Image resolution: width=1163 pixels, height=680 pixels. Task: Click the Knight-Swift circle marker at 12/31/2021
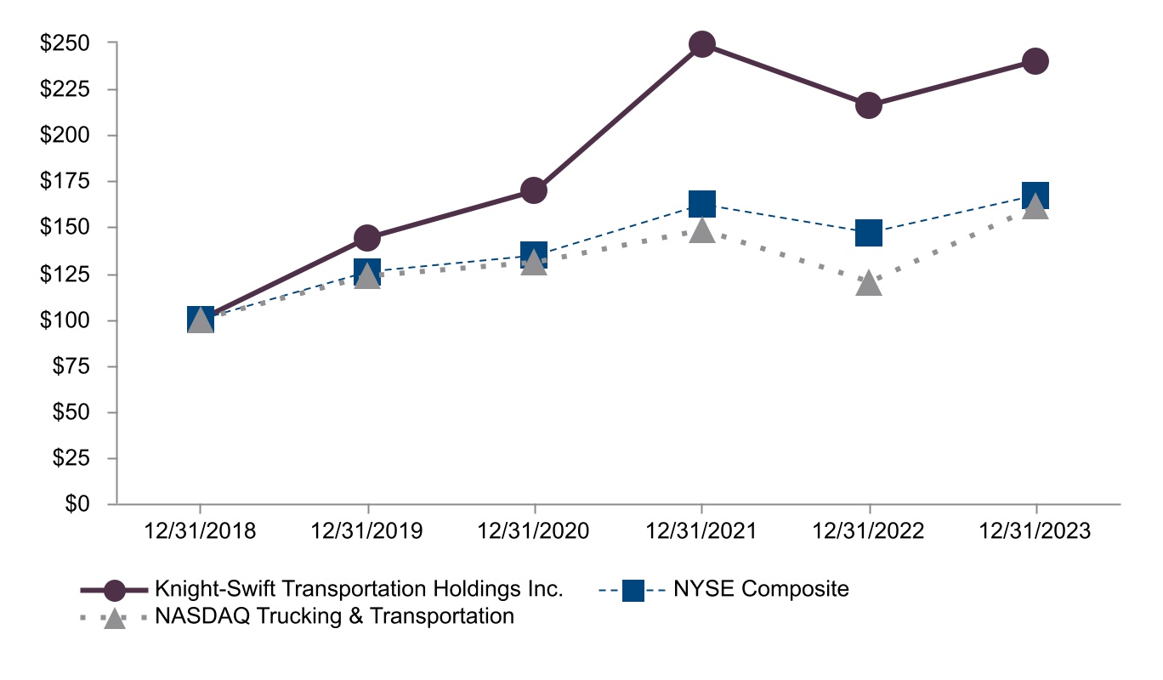(x=701, y=44)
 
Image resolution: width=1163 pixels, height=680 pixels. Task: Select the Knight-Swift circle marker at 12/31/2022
(x=868, y=105)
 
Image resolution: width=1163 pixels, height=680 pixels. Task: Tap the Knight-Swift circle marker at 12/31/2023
(x=1035, y=61)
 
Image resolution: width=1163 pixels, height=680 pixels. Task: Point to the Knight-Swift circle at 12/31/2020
(x=534, y=190)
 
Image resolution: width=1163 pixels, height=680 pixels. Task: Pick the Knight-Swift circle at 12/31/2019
(x=367, y=237)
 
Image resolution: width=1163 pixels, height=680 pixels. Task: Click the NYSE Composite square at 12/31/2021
(x=701, y=203)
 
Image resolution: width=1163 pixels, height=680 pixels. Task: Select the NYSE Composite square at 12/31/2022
(x=868, y=232)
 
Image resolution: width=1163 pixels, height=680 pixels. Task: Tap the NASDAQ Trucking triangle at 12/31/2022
(x=868, y=282)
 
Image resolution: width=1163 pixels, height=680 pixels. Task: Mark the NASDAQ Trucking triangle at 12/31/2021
(x=701, y=229)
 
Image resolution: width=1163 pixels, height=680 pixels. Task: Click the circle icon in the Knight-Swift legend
(x=114, y=590)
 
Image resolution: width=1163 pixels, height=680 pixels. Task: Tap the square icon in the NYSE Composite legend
(x=633, y=590)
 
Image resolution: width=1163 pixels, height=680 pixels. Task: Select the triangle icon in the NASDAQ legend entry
(x=114, y=617)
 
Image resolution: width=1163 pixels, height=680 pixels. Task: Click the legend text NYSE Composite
(x=761, y=589)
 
